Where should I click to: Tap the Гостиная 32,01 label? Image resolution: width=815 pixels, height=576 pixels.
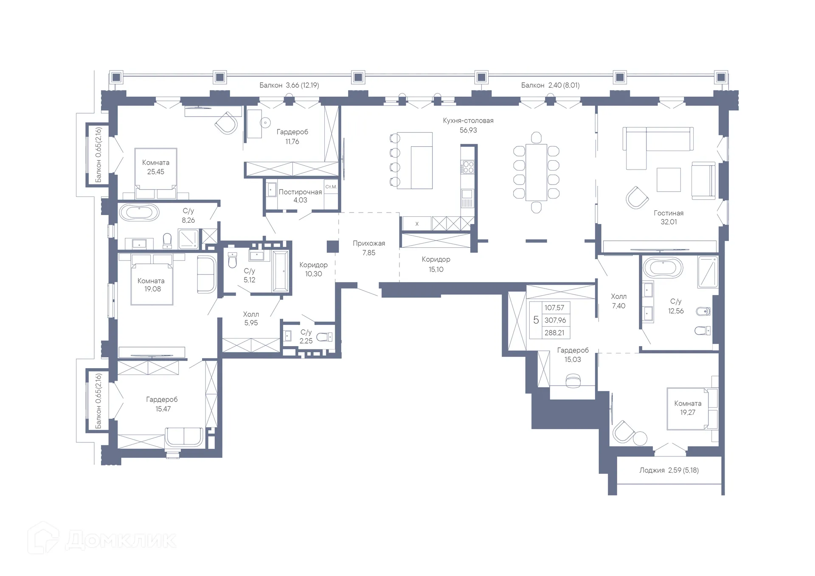(669, 218)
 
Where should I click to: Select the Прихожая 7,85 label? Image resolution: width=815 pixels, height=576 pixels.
(369, 248)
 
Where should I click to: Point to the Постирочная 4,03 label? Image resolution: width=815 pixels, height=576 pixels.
(300, 196)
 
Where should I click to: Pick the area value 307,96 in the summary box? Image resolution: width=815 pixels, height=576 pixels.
(555, 320)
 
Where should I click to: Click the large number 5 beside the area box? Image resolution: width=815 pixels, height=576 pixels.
(536, 320)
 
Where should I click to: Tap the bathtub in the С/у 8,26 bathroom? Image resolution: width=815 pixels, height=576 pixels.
(139, 212)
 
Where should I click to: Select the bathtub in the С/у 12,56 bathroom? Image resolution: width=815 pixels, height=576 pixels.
(663, 268)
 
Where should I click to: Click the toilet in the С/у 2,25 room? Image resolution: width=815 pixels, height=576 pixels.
(325, 337)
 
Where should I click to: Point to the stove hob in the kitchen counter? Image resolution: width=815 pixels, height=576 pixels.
(468, 166)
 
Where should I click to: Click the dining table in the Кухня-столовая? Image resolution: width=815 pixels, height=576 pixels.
(536, 172)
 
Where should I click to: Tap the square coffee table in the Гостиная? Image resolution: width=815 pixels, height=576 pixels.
(669, 180)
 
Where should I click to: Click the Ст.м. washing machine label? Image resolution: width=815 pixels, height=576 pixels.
(331, 187)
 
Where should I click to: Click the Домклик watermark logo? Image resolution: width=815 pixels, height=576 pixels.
(102, 539)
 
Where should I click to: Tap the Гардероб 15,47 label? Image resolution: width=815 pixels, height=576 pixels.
(162, 404)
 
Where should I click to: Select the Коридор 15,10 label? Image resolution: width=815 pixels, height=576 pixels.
(436, 264)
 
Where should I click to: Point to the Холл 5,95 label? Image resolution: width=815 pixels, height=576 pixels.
(251, 319)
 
